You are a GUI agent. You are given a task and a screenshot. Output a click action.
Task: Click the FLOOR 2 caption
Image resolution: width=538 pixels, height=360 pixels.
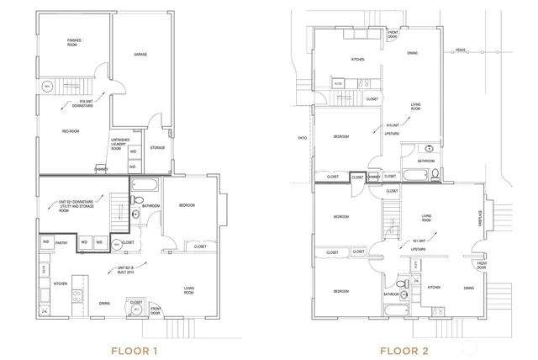407,348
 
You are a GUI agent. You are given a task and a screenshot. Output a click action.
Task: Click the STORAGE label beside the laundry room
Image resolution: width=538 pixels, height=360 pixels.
157,149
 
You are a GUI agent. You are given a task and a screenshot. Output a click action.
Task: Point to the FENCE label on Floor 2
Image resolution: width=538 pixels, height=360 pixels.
459,50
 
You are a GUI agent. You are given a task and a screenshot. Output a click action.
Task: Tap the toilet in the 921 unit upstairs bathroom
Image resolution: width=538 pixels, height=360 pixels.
403,287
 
